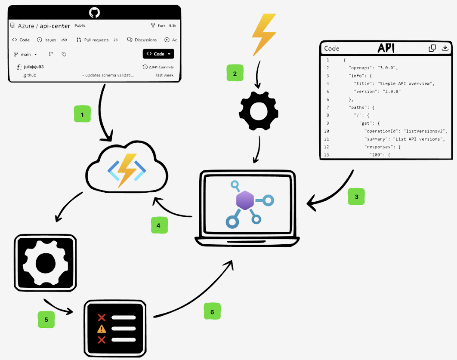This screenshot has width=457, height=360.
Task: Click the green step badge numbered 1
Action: [x=82, y=115]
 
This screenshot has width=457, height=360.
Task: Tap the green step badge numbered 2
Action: [x=235, y=73]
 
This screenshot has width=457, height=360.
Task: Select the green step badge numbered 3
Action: [x=356, y=197]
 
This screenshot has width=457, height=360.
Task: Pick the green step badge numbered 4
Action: [x=159, y=225]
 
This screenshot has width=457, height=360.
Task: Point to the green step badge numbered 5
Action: [x=46, y=320]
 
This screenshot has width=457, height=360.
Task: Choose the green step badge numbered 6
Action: [x=212, y=311]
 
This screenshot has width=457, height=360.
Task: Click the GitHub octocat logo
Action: [x=94, y=12]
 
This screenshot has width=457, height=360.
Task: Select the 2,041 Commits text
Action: [x=158, y=67]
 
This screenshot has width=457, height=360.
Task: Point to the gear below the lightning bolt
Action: [x=259, y=111]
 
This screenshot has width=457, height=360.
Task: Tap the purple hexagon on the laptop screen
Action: [x=245, y=200]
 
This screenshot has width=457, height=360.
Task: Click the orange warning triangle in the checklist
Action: [x=102, y=329]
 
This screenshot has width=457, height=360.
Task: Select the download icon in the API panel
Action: [x=445, y=48]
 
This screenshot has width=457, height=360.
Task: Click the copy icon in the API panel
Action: [x=432, y=48]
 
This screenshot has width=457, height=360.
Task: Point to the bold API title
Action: [x=386, y=48]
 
